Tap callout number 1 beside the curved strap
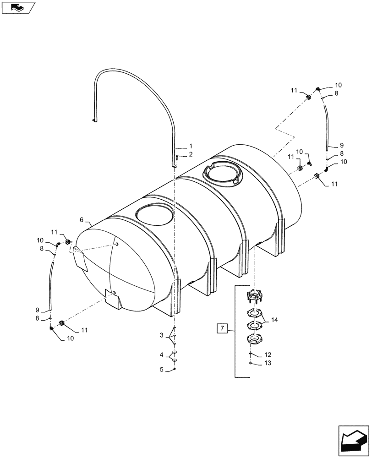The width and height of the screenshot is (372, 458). tap(191, 147)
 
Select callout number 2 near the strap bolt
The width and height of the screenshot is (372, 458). tap(191, 154)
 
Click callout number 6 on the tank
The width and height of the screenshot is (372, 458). tap(82, 220)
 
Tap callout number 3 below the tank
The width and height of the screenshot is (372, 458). tap(161, 336)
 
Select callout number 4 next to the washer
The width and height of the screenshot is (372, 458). tap(161, 354)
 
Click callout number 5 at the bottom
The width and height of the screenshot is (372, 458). tap(161, 369)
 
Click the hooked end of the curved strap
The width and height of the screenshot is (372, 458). tap(94, 120)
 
